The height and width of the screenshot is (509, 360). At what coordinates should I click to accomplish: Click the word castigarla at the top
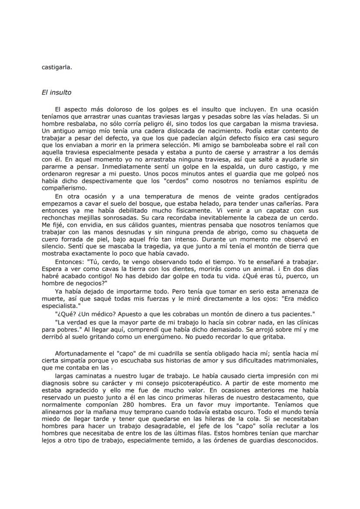pyautogui.click(x=57, y=67)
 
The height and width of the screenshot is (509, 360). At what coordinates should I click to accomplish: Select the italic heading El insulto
pyautogui.click(x=57, y=93)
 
